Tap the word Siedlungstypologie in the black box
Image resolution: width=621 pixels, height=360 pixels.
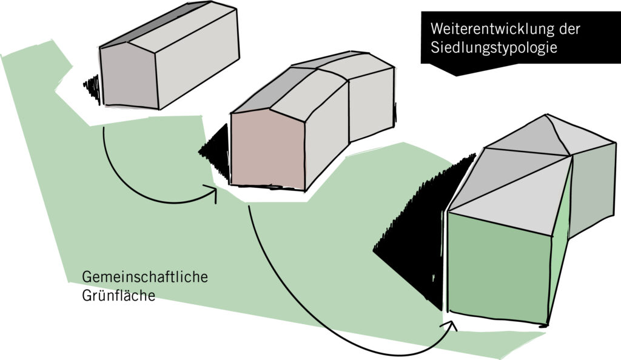point(494,47)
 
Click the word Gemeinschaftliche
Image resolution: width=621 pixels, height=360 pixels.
point(145,277)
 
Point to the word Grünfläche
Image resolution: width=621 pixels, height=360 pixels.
point(119,295)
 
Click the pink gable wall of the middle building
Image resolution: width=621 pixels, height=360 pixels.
point(268,150)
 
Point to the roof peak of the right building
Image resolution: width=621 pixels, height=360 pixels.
point(548,115)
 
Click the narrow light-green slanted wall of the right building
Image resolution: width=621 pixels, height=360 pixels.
point(561,245)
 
